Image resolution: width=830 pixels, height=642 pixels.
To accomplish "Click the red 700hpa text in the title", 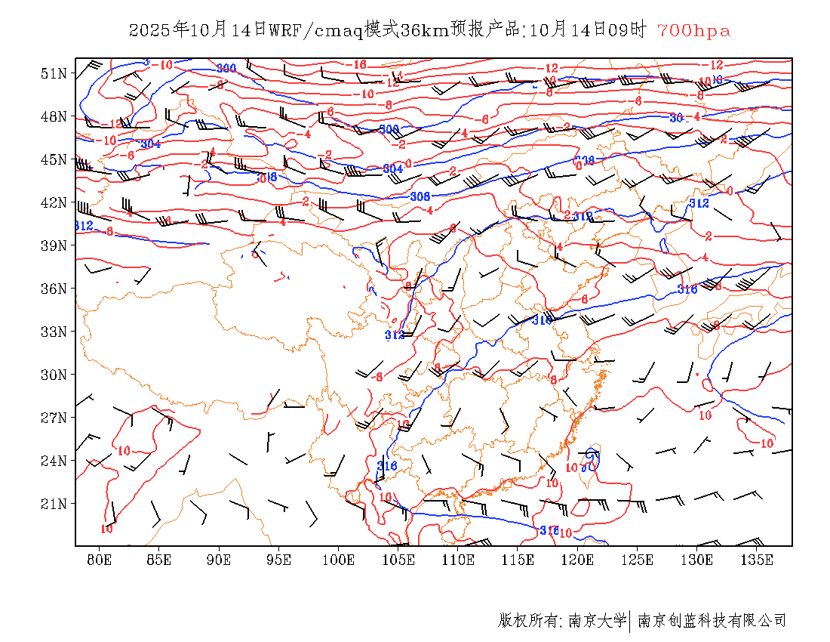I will pos(693,31).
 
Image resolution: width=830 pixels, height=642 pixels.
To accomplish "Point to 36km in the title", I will pos(423,31).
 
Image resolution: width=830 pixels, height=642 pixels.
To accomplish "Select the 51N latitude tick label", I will pos(54,73).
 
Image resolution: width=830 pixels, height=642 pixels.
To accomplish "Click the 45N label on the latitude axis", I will pos(54,159).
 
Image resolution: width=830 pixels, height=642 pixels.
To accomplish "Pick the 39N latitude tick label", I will pos(54,245).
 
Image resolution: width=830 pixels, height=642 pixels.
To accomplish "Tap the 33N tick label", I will pos(54,332).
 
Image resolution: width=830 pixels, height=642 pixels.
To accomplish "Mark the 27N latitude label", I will pos(54,418).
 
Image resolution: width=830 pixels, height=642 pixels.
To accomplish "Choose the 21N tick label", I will pos(54,504).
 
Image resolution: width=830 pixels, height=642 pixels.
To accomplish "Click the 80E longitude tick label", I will pos(100,560).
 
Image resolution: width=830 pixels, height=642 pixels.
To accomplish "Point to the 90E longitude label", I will pos(219,560).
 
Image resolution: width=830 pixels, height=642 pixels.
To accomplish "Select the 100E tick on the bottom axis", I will pos(338,560).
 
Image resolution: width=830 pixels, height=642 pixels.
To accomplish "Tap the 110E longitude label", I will pos(458,560).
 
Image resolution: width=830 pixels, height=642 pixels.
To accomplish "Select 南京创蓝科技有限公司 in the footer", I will pos(712,621).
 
